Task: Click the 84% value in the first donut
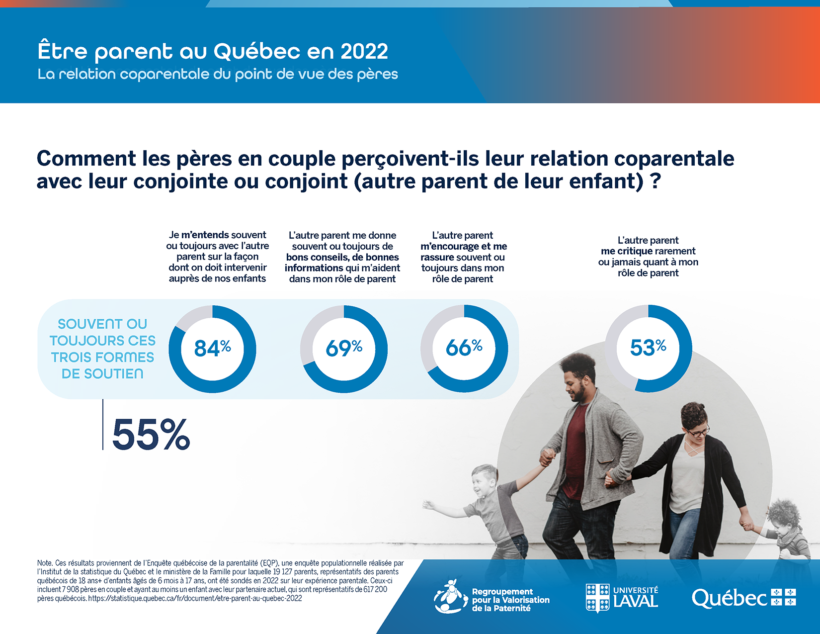point(212,348)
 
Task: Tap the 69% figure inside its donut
point(343,348)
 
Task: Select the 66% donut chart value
point(464,347)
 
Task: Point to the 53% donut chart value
point(648,347)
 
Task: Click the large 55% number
point(151,435)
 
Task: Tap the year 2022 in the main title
point(364,51)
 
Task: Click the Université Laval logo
point(622,598)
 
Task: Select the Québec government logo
point(743,598)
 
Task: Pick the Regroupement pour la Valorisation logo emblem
point(450,596)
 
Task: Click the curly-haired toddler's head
point(784,517)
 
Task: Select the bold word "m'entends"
point(205,235)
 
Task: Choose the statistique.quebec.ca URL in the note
point(195,598)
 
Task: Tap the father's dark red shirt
point(576,448)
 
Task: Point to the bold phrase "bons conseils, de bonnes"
point(342,257)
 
